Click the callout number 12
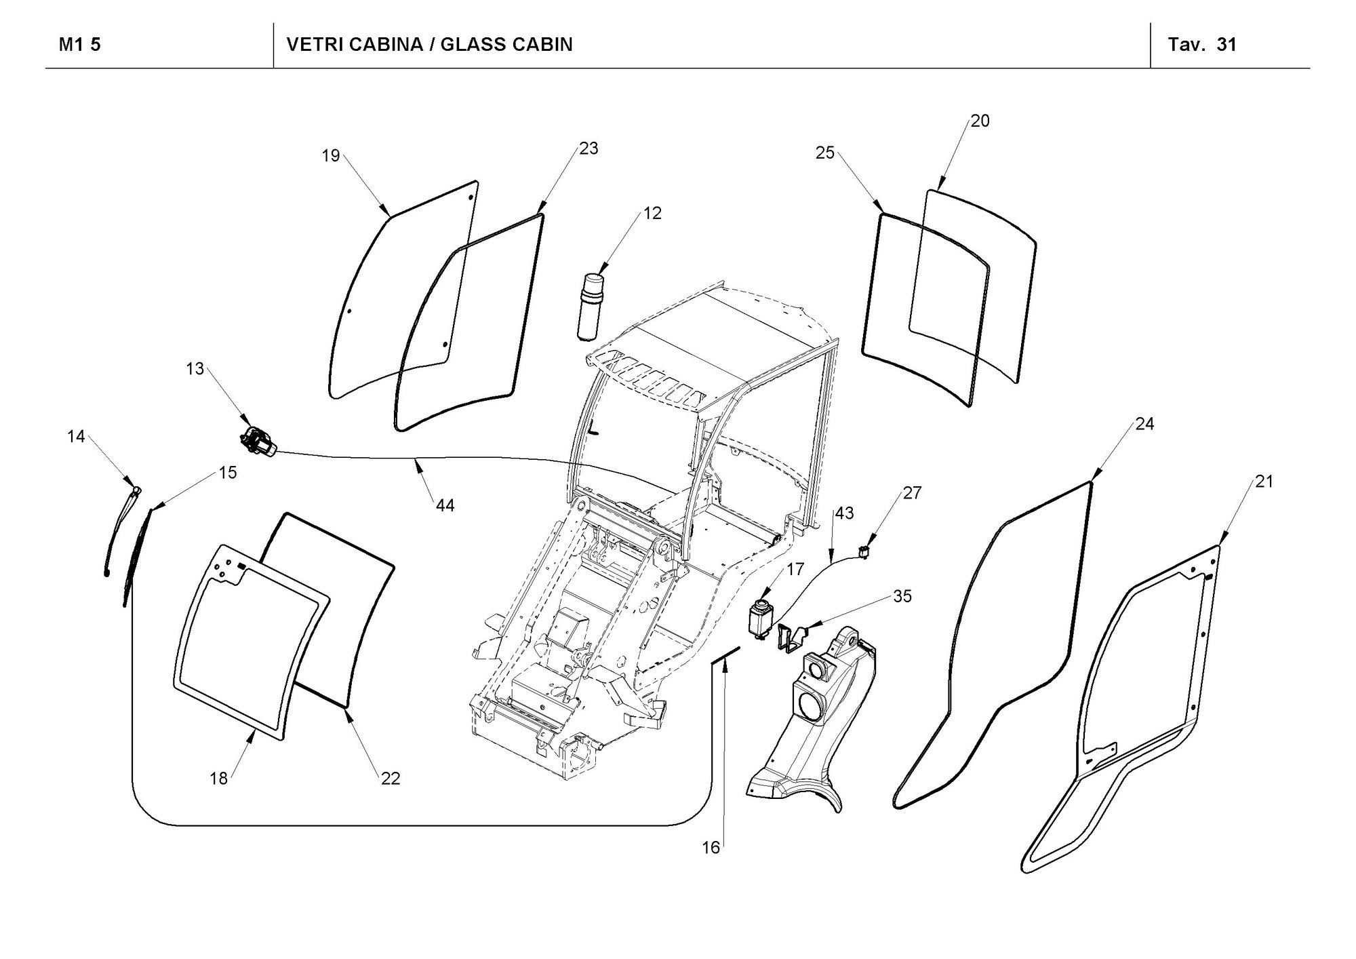pos(652,213)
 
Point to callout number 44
pos(445,505)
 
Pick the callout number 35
pos(902,596)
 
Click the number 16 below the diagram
pos(711,848)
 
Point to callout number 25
pos(824,153)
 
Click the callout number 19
pos(330,156)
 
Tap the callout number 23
pos(589,148)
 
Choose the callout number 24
pos(1144,424)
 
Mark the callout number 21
pos(1264,482)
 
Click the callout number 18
pos(218,779)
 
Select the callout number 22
pos(391,779)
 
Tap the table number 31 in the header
pos(1227,45)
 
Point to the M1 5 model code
pos(80,45)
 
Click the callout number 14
pos(76,436)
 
